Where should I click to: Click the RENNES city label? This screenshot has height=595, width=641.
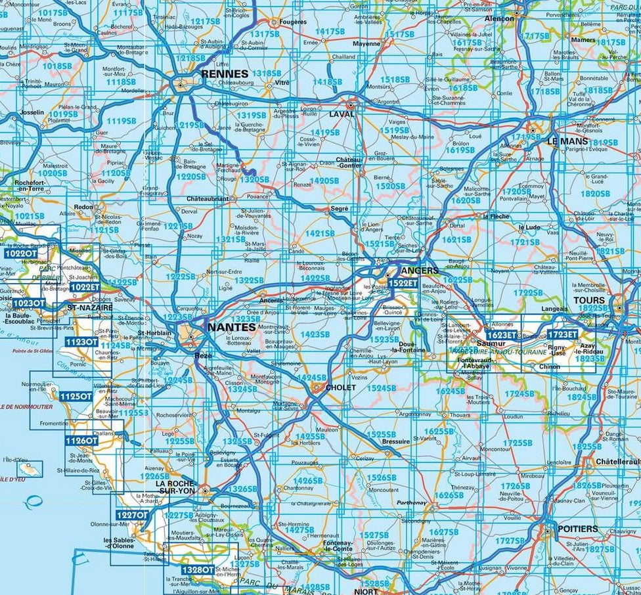(x=225, y=74)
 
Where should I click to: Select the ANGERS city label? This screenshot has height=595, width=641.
(x=419, y=270)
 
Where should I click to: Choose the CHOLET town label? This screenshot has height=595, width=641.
(x=340, y=388)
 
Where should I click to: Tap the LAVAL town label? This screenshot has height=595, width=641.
(x=341, y=114)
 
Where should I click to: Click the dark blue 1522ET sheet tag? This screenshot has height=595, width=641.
(x=402, y=283)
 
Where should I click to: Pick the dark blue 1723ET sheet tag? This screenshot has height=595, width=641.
(x=563, y=335)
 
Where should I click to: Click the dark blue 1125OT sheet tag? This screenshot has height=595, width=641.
(x=75, y=397)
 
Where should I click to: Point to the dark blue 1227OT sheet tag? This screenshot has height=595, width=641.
(x=131, y=516)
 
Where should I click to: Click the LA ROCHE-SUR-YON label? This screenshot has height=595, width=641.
(x=175, y=487)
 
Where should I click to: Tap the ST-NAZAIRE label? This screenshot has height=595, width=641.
(x=90, y=307)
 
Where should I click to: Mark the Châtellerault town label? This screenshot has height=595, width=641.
(x=616, y=462)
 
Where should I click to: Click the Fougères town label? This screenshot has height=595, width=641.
(x=293, y=22)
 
